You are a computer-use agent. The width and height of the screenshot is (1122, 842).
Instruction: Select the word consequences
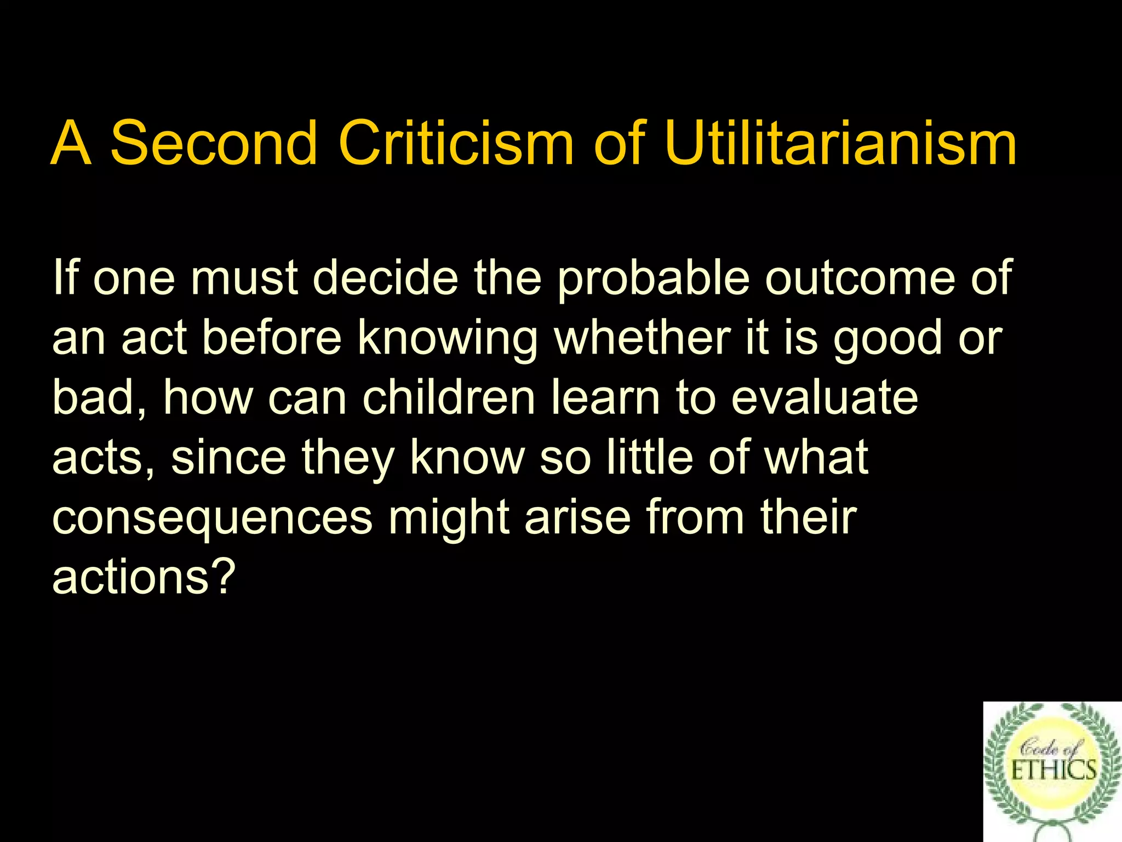click(x=212, y=519)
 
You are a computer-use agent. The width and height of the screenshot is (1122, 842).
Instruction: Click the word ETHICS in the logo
click(x=1054, y=770)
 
